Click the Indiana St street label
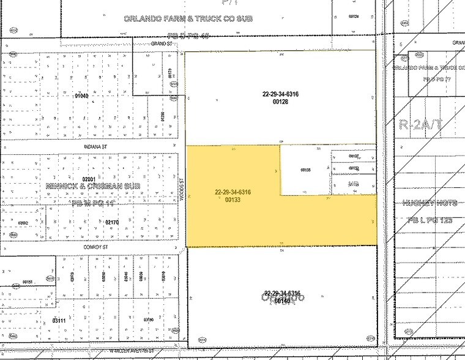pos(96,147)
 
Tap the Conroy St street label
pos(96,247)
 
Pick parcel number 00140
pos(282,301)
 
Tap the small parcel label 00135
pos(305,170)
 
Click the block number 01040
pos(81,96)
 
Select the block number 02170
pos(111,222)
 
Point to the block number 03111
pos(59,320)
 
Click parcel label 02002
pos(23,222)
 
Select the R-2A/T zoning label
pos(420,126)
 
